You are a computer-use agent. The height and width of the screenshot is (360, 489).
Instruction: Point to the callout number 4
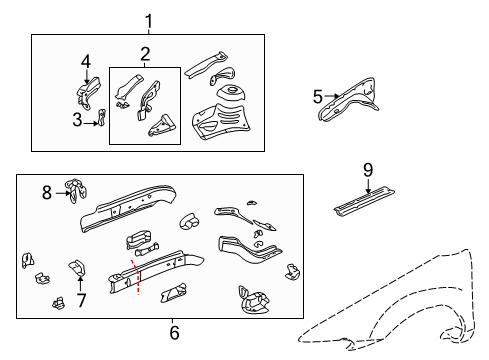pyautogui.click(x=85, y=62)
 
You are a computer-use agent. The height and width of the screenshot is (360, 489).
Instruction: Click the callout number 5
pyautogui.click(x=318, y=97)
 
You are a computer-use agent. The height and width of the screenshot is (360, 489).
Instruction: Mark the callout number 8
pyautogui.click(x=47, y=193)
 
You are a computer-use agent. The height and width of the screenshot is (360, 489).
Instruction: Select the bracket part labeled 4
pyautogui.click(x=86, y=93)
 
